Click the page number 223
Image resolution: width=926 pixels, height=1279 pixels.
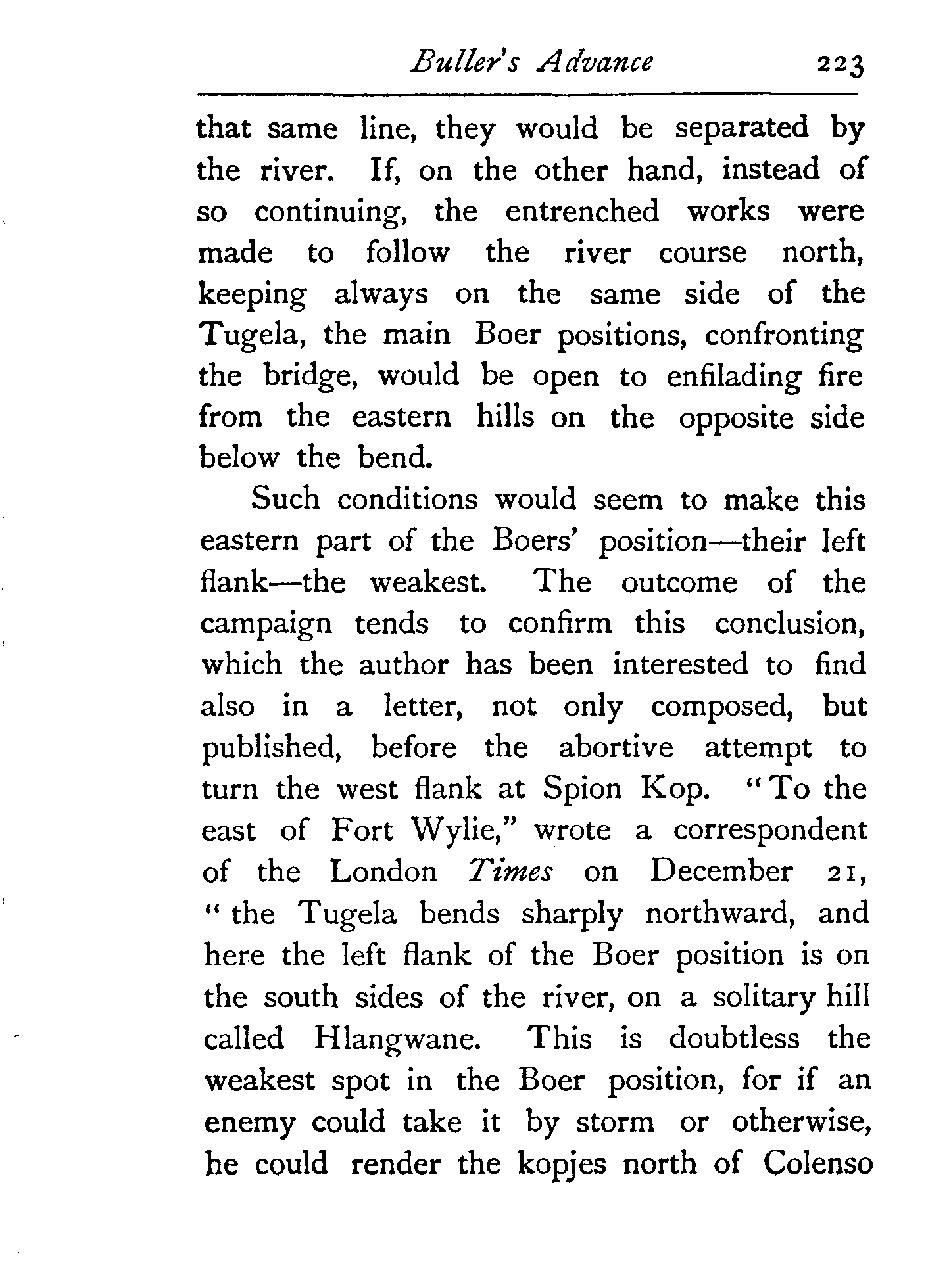tap(839, 66)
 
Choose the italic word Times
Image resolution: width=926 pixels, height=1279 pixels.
tap(510, 872)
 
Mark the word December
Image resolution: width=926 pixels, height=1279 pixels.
tap(721, 872)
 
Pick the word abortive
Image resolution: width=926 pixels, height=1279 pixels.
tap(616, 749)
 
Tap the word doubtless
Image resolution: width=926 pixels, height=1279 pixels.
tap(735, 1039)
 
